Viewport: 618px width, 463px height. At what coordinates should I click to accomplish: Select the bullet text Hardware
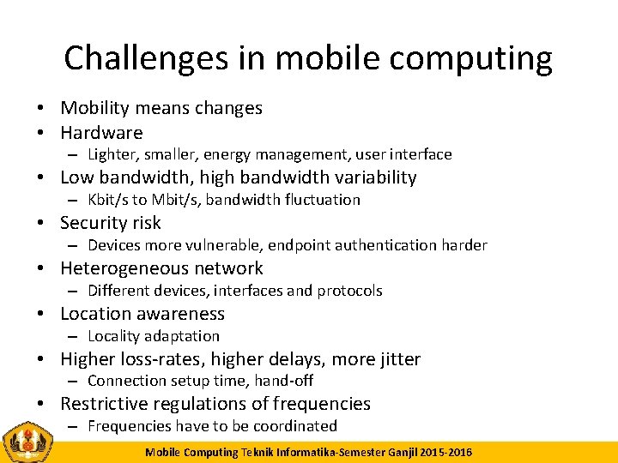click(x=101, y=133)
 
